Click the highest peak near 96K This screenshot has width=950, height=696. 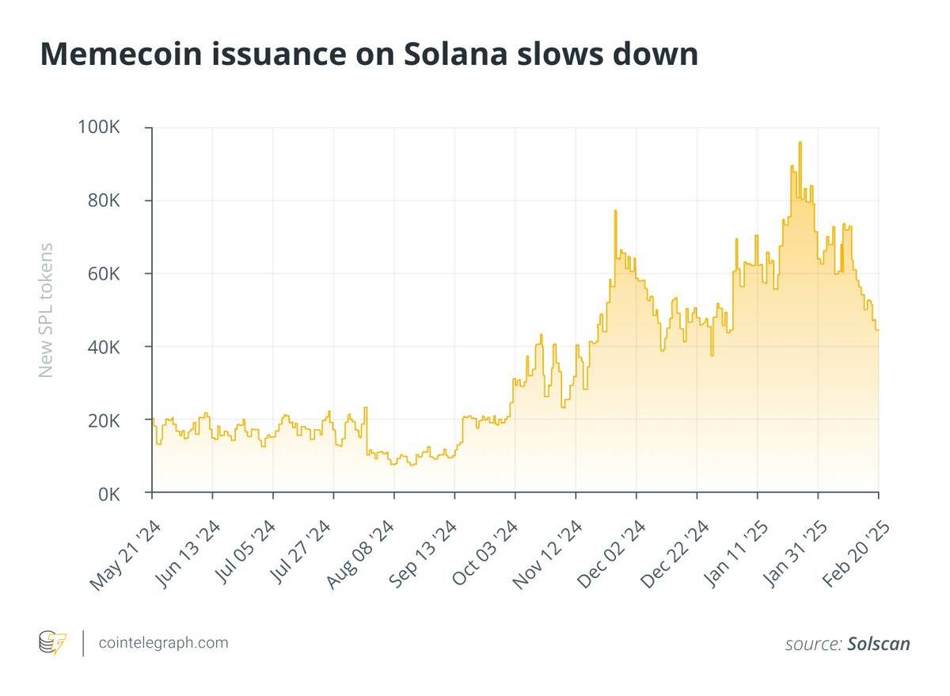point(800,143)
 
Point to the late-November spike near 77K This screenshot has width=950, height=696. point(615,211)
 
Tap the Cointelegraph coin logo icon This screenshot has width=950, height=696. point(53,643)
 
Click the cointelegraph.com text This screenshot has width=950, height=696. point(163,643)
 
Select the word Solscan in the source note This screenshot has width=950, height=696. point(879,644)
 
